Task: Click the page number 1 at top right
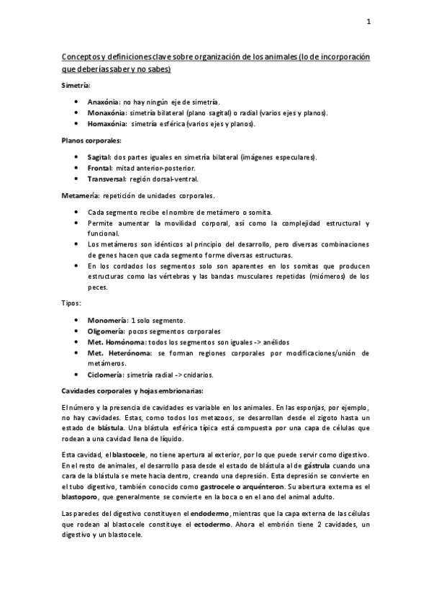pos(368,21)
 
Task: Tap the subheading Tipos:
pos(71,303)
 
